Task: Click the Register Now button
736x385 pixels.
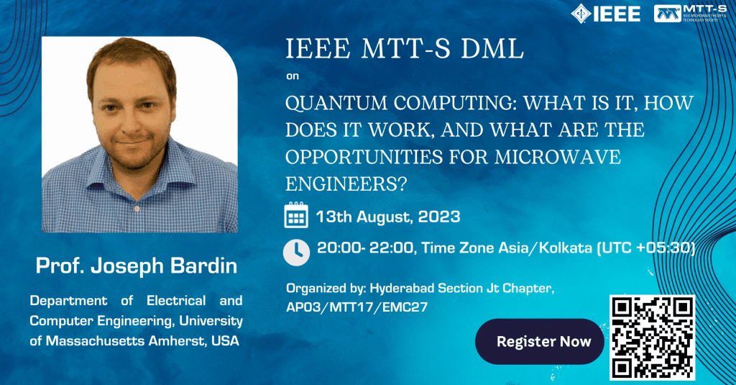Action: click(x=543, y=341)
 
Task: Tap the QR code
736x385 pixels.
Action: click(x=652, y=337)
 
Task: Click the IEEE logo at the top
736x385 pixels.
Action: click(x=605, y=13)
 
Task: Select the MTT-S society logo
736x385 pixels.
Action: click(x=691, y=13)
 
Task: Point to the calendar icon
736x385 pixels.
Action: click(x=296, y=216)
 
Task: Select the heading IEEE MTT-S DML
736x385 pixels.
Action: click(x=405, y=50)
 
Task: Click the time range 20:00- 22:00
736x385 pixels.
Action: click(x=364, y=248)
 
